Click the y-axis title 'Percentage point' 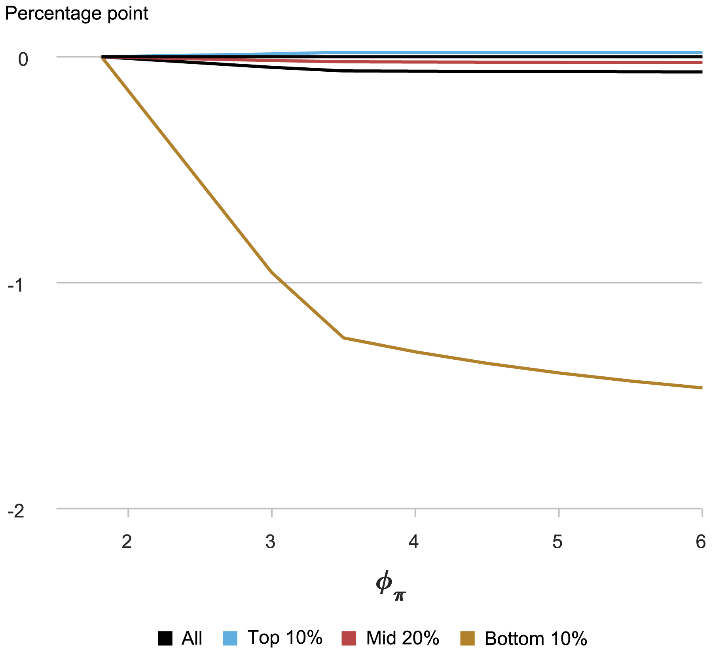pos(76,14)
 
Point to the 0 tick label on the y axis pos(23,60)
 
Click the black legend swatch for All pos(165,638)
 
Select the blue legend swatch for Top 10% pos(230,638)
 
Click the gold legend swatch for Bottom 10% pos(467,638)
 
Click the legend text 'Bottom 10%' pos(536,639)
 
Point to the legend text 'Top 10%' pos(285,638)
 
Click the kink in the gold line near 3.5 pos(343,338)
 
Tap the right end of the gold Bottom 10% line pos(701,388)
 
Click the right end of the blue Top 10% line pos(701,53)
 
